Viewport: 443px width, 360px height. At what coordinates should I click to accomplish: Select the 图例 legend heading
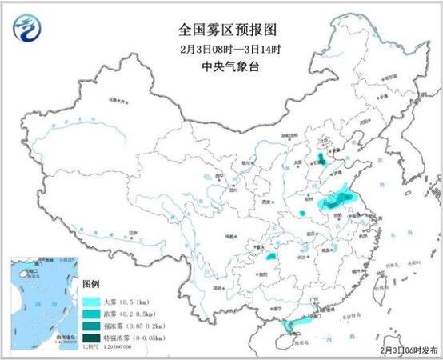[x=91, y=284]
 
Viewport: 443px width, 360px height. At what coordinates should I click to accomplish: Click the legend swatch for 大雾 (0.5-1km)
[x=91, y=302]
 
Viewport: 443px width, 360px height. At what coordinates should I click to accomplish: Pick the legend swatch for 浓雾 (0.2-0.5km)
[x=91, y=314]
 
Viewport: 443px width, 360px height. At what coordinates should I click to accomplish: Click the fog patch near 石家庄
[x=321, y=159]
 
